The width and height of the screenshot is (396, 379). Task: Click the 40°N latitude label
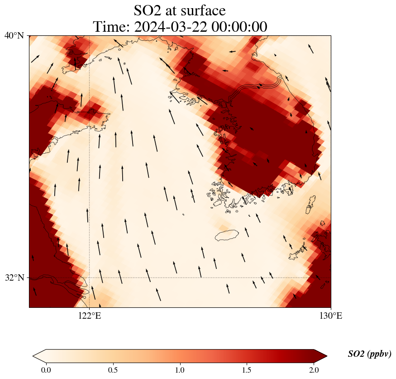14,35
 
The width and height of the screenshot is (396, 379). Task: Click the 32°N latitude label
14,277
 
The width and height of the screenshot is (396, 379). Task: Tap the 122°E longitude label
89,316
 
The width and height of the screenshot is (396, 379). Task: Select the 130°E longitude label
331,316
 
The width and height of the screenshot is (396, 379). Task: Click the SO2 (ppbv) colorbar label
369,354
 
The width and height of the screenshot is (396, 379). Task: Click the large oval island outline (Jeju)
227,235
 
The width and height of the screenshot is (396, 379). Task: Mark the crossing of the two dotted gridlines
89,277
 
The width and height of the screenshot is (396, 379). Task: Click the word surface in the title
202,10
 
